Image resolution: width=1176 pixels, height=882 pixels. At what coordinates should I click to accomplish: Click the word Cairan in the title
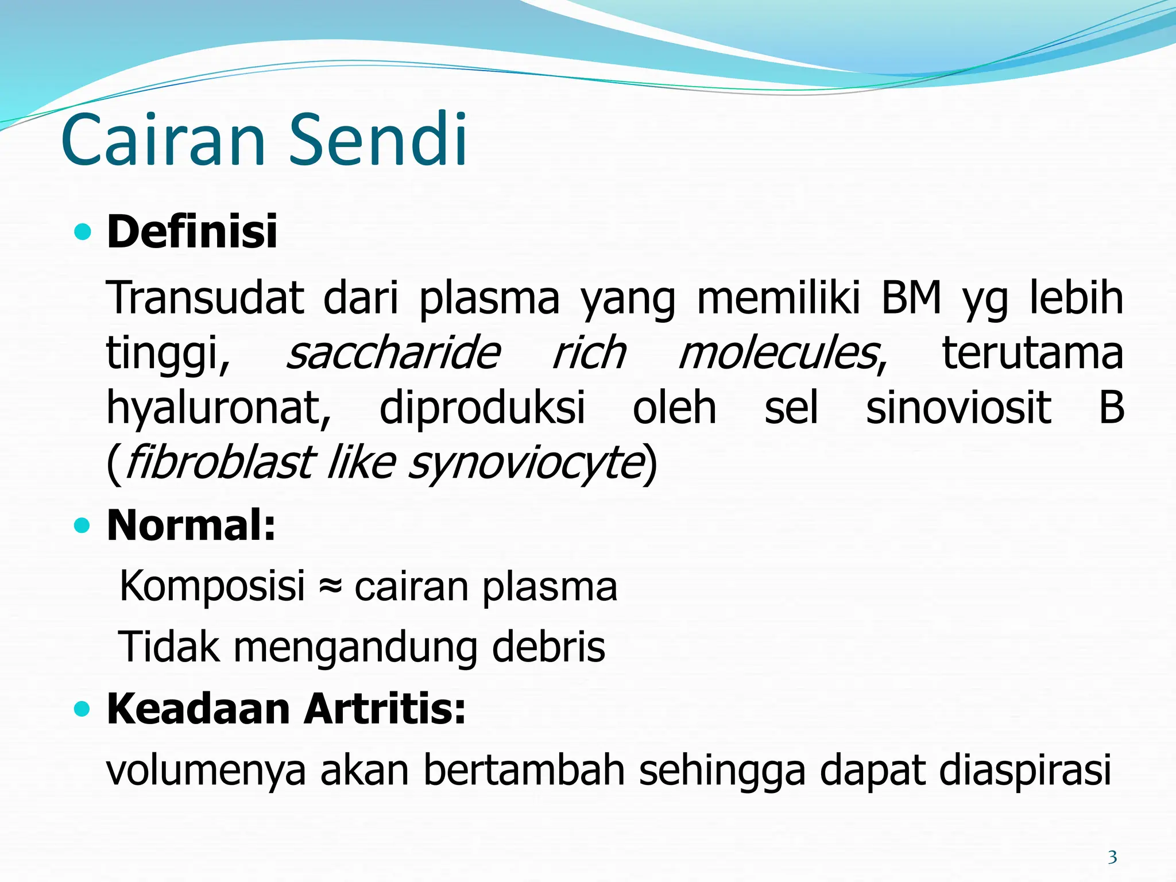click(164, 141)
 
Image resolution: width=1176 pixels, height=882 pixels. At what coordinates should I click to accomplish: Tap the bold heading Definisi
click(192, 231)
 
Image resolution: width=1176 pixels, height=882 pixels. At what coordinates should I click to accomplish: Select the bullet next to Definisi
click(83, 232)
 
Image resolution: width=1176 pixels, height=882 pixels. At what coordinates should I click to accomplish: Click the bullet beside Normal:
click(83, 525)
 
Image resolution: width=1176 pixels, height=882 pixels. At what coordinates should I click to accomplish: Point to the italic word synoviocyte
click(525, 464)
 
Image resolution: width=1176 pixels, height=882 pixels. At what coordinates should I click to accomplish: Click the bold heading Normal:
click(191, 525)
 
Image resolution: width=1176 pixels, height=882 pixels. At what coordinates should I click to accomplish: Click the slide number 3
click(1112, 857)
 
